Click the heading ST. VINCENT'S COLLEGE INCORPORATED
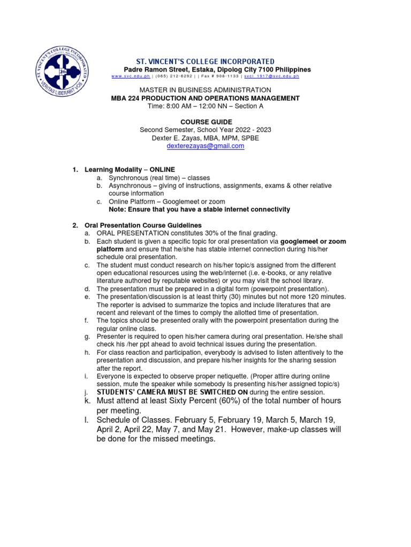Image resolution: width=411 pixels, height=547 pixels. pyautogui.click(x=205, y=62)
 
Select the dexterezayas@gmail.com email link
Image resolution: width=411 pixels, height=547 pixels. pyautogui.click(x=205, y=146)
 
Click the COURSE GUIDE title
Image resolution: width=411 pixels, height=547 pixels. pyautogui.click(x=205, y=122)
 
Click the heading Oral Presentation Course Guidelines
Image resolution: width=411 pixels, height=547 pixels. pyautogui.click(x=143, y=225)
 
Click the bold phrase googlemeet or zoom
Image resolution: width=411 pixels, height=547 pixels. pyautogui.click(x=313, y=241)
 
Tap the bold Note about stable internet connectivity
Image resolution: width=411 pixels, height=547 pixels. pyautogui.click(x=199, y=209)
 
